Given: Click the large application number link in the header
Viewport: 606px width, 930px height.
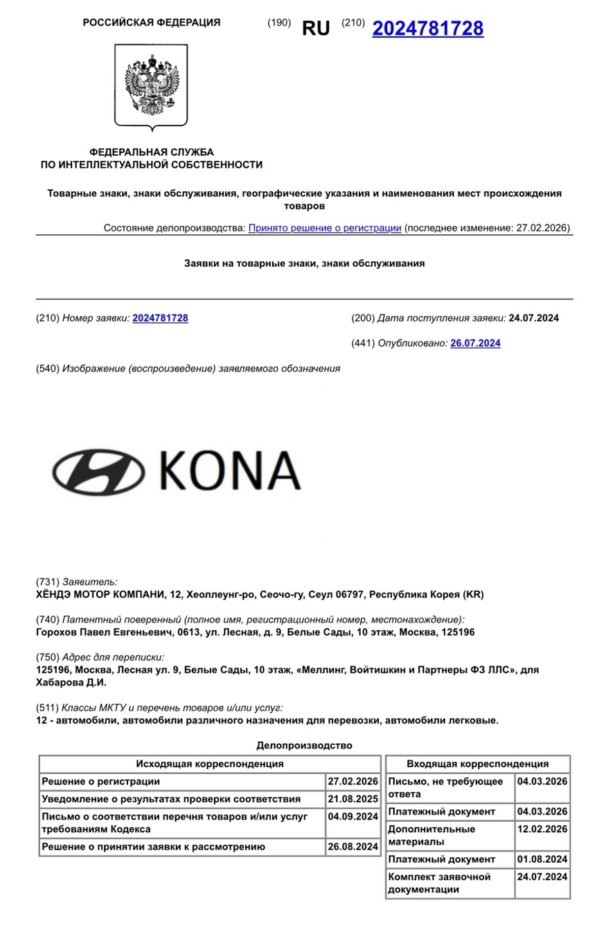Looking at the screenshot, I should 427,28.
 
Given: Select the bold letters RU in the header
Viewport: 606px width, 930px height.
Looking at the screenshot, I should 316,28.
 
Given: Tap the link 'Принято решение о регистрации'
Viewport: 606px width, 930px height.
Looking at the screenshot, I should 324,227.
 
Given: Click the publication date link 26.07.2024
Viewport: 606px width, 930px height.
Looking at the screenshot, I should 475,343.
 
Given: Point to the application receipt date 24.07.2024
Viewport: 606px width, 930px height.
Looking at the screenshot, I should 533,318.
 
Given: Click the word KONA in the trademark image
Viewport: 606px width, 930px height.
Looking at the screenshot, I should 229,471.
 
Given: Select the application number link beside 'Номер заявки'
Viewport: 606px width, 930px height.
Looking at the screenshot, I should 160,318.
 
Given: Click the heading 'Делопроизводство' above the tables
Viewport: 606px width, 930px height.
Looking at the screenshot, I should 304,746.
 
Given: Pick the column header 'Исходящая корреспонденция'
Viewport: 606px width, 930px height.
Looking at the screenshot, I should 209,764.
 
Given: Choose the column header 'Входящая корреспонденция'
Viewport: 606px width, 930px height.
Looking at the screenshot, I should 477,764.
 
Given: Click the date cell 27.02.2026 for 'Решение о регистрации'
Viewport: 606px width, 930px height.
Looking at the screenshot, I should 353,781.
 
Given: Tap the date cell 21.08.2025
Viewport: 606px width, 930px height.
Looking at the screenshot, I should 353,799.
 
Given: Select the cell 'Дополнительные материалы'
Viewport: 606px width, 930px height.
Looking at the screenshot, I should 449,836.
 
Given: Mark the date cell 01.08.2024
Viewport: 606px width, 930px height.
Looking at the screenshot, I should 542,859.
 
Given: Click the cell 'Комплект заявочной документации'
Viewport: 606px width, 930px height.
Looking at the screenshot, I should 449,884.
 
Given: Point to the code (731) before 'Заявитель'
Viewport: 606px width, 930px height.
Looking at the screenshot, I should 47,582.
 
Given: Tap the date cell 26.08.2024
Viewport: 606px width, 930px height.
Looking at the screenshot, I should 353,846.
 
